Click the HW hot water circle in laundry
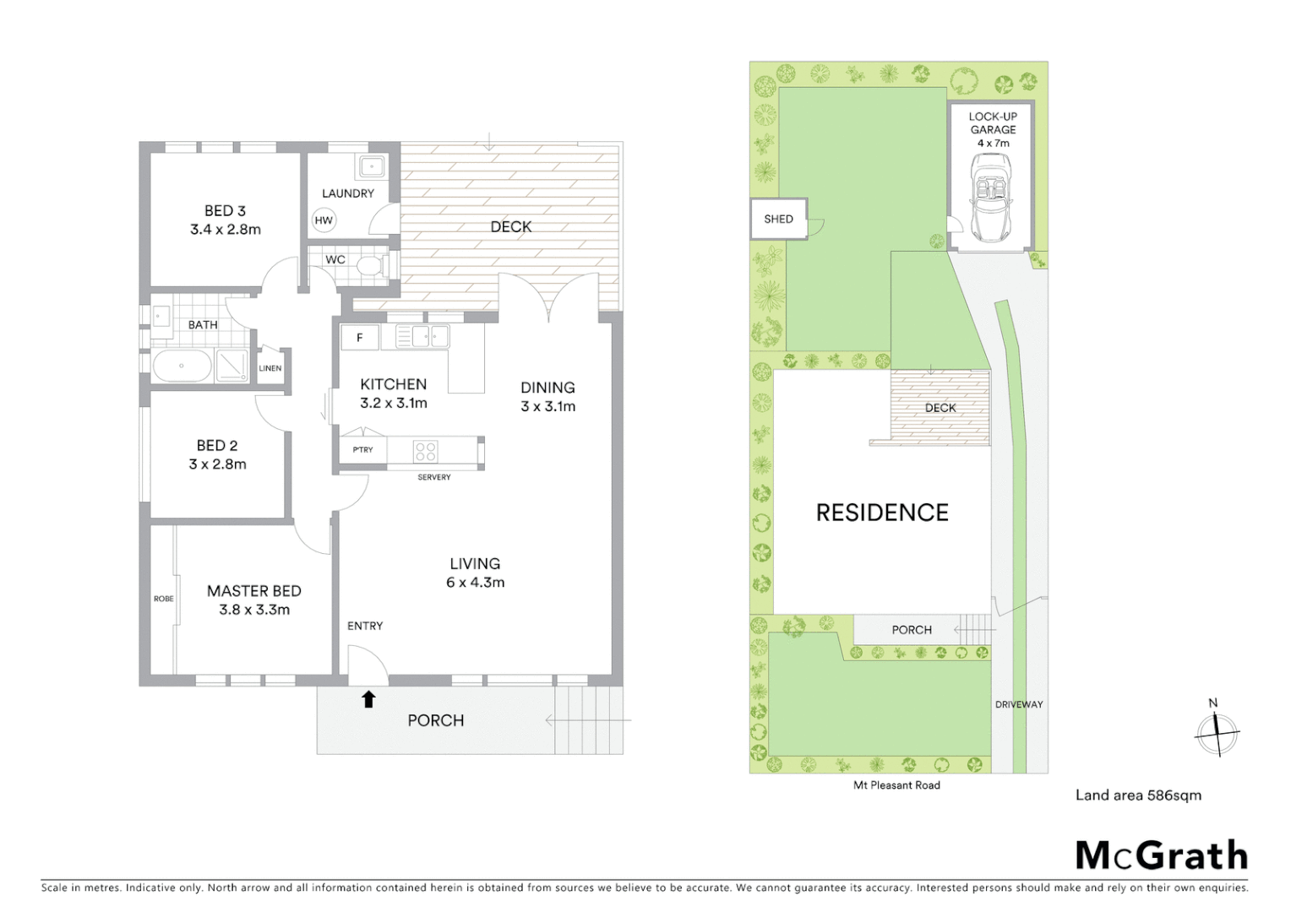(324, 220)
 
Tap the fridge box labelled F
(360, 338)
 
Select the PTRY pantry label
(362, 449)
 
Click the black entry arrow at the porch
(368, 698)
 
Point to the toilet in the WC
(370, 266)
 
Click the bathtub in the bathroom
(182, 366)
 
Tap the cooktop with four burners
(425, 451)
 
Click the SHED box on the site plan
(778, 220)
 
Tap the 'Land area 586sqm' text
(1137, 795)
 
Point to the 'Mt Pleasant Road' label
(896, 785)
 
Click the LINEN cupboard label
(270, 368)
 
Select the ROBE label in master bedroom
(163, 599)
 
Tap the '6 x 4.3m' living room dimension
(475, 582)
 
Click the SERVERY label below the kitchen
(434, 477)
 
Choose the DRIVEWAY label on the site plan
(1018, 704)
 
